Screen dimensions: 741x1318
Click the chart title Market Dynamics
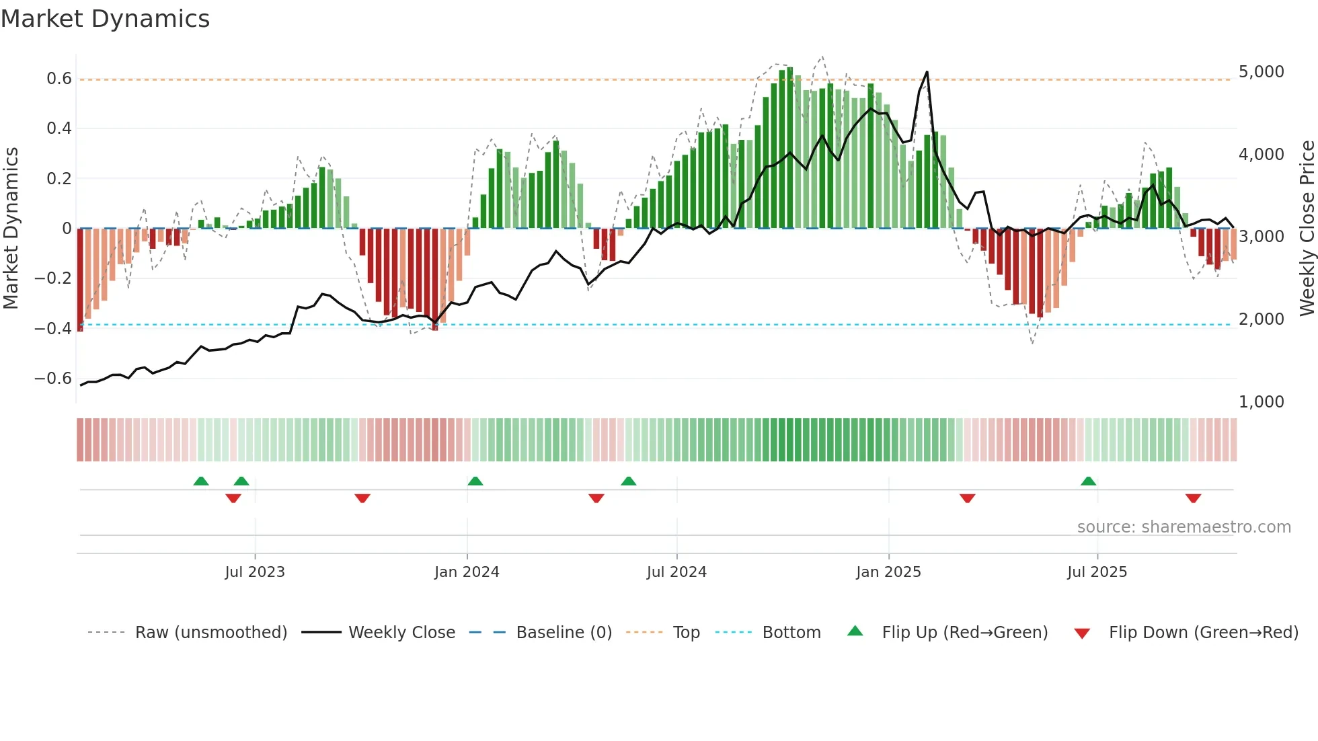click(x=105, y=19)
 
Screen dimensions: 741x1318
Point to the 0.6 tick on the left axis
click(x=59, y=79)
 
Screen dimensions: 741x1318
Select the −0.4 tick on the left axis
click(x=53, y=329)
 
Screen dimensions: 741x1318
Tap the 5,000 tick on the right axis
click(x=1261, y=72)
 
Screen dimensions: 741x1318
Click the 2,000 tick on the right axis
click(x=1261, y=319)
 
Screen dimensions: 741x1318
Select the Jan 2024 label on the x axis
click(x=467, y=572)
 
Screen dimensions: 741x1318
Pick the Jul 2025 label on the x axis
click(x=1097, y=572)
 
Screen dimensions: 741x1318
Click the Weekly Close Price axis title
click(x=1307, y=229)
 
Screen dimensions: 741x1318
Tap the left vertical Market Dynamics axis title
click(x=11, y=229)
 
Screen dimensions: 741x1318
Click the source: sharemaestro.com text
click(x=1184, y=527)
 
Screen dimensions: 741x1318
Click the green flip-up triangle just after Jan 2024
click(x=475, y=481)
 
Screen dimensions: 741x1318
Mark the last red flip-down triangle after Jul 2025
click(x=1194, y=498)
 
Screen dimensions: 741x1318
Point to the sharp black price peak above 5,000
click(x=927, y=73)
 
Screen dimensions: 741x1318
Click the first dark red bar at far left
click(x=80, y=279)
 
